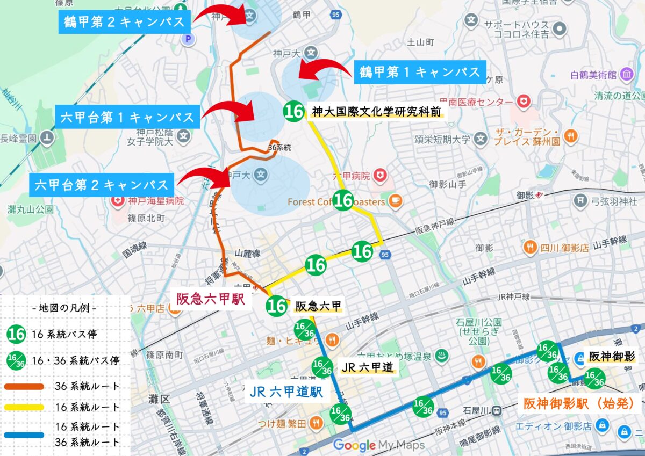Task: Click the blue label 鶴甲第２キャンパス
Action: (124, 22)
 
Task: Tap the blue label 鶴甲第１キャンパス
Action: (419, 71)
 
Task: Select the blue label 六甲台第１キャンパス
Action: (127, 117)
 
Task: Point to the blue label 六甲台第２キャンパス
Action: (102, 185)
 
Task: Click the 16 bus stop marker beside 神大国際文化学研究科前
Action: (294, 111)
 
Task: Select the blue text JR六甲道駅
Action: (286, 392)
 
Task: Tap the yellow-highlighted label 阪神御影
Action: (612, 357)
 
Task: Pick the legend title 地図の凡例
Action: (64, 309)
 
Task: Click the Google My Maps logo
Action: (378, 445)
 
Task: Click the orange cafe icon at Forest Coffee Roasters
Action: (395, 201)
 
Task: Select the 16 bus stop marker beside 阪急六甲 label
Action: (277, 306)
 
